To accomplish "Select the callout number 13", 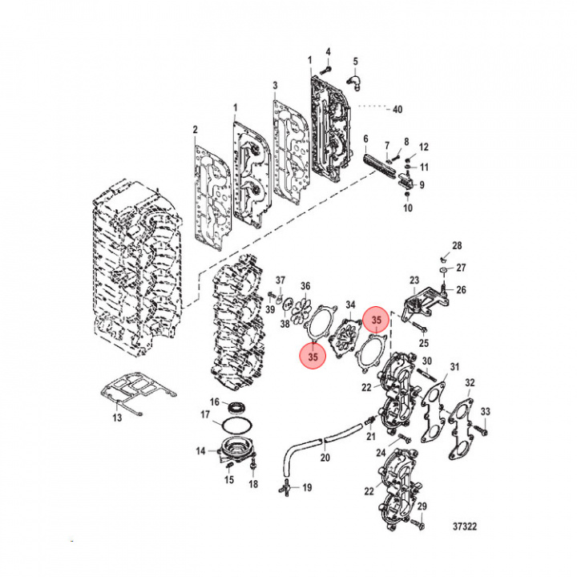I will [117, 418].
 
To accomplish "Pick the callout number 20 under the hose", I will [325, 458].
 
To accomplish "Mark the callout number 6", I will [365, 139].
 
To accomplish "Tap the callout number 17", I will [205, 414].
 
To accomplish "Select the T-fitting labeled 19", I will [284, 485].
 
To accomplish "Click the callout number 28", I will [457, 245].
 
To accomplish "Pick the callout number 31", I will [454, 368].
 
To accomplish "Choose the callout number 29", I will [423, 506].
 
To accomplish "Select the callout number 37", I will [280, 280].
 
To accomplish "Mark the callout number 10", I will [407, 208].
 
